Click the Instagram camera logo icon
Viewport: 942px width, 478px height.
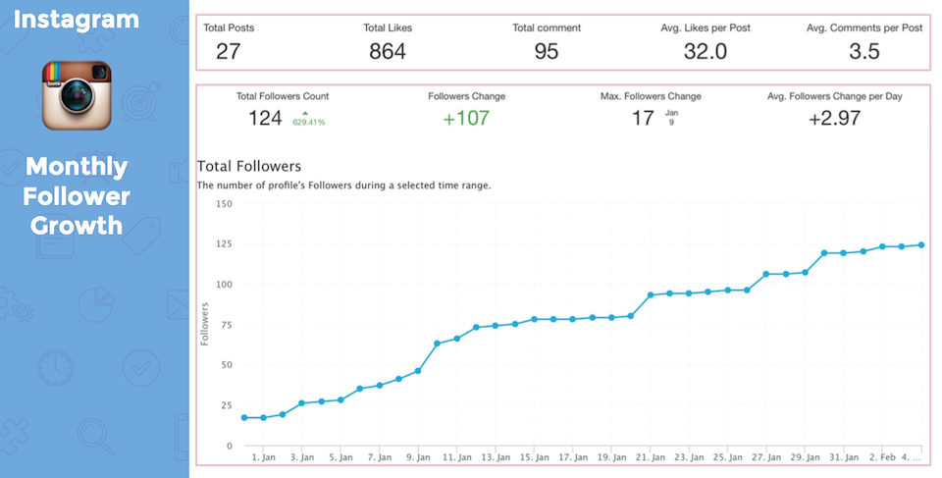click(76, 93)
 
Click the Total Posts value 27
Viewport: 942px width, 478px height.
click(228, 51)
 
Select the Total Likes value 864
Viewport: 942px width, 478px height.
click(388, 51)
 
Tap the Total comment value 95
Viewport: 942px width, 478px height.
click(547, 51)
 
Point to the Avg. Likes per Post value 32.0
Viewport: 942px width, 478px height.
click(705, 51)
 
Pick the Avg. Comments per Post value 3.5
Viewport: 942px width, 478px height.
click(863, 51)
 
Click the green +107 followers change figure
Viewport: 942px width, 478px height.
click(466, 119)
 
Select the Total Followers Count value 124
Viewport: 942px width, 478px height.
click(265, 119)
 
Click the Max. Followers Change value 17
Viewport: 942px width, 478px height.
click(643, 119)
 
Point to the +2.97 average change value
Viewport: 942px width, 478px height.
click(834, 119)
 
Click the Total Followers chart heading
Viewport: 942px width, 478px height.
click(249, 166)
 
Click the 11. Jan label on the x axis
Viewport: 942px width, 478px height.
click(455, 457)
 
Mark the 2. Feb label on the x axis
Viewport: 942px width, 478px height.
click(881, 457)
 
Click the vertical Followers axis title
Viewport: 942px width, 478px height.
click(205, 324)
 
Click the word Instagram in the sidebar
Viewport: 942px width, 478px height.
click(78, 19)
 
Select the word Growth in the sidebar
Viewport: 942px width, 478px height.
click(76, 225)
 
